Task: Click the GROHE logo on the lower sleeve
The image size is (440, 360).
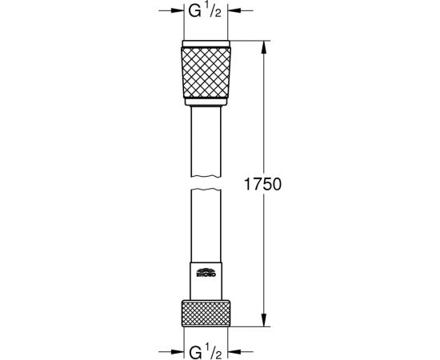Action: pyautogui.click(x=207, y=277)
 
